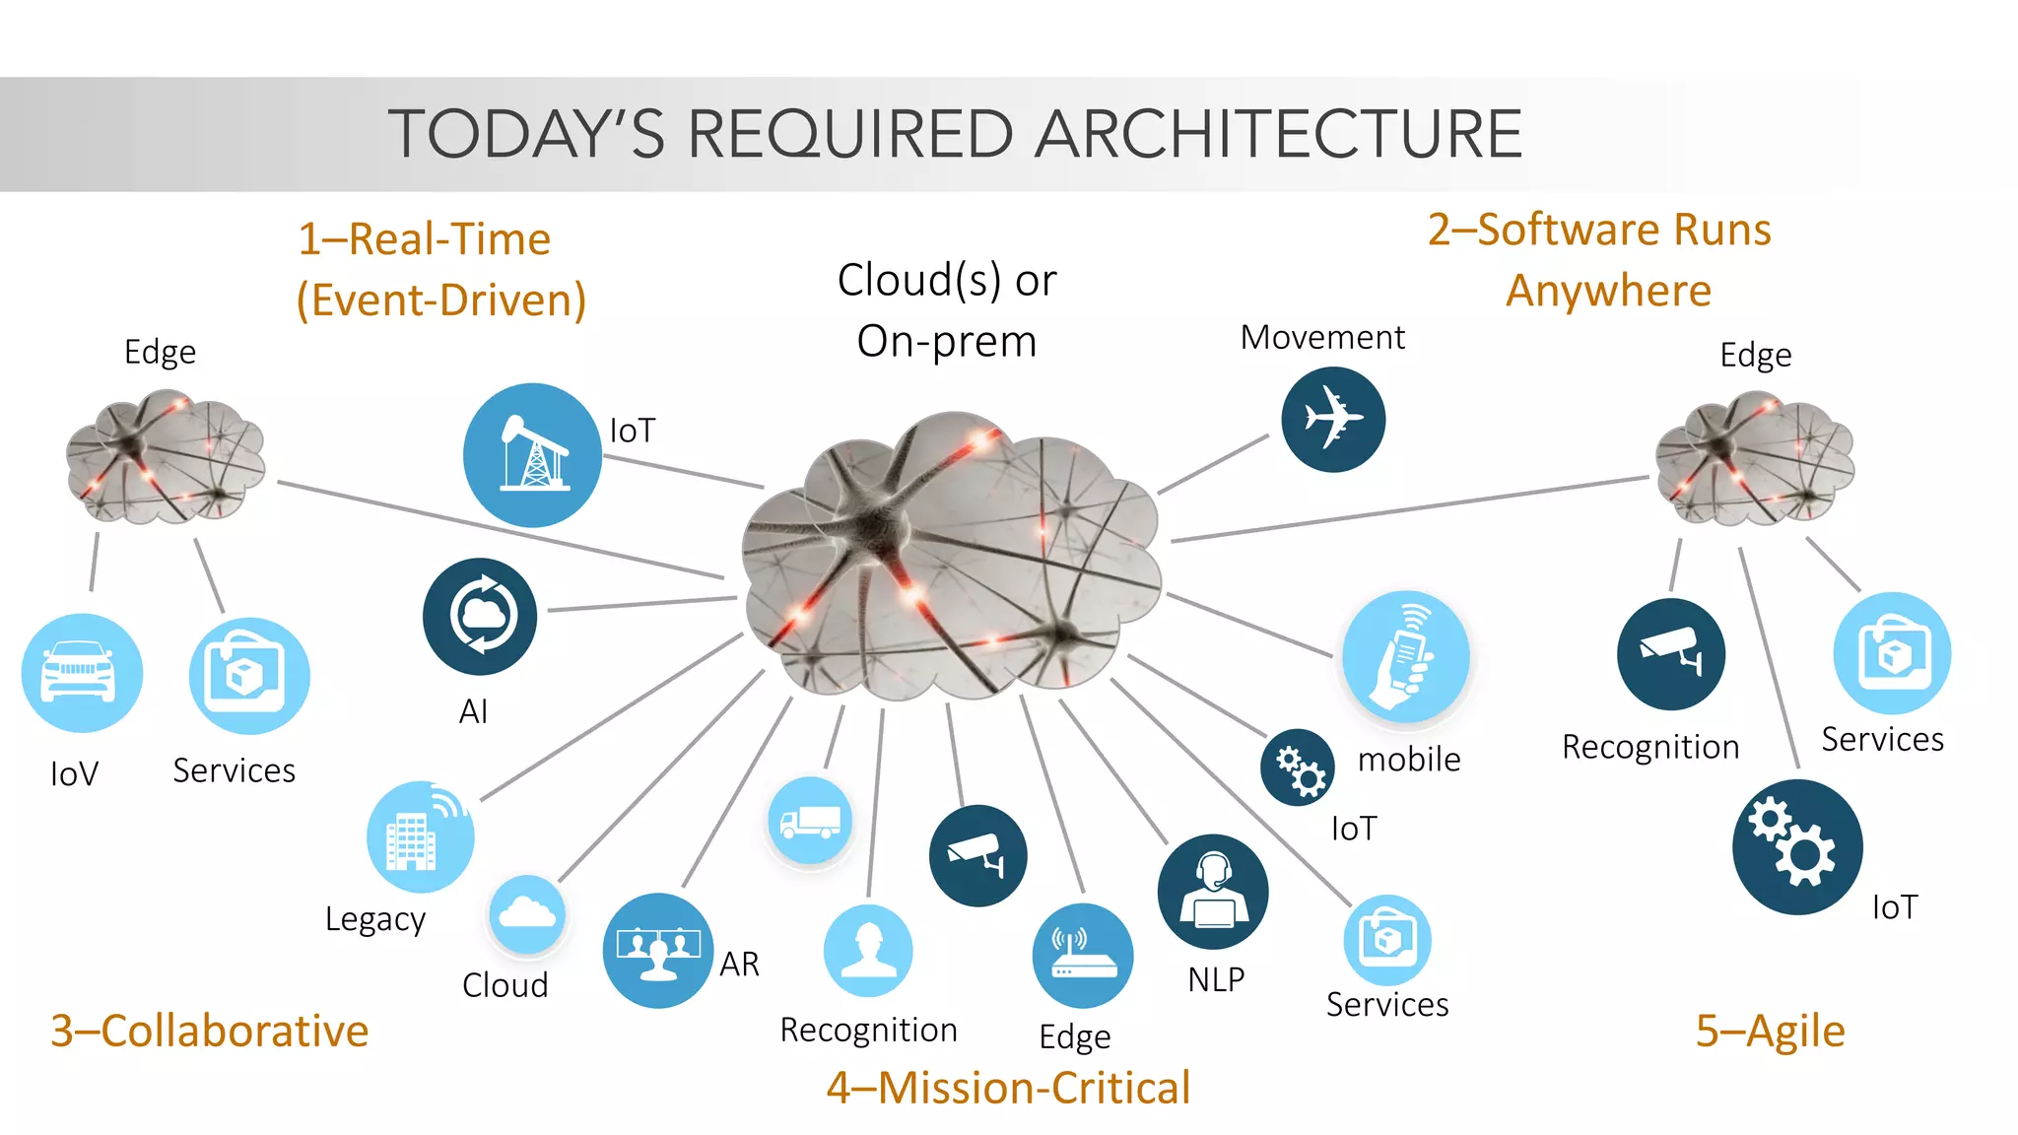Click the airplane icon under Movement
(1333, 420)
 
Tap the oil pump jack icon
(532, 454)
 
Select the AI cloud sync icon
(480, 616)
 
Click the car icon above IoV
(82, 673)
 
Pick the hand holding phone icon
(1405, 656)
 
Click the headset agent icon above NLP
(1213, 892)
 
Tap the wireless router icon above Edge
(1082, 956)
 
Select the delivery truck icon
(810, 821)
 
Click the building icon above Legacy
(420, 837)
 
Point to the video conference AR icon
(658, 951)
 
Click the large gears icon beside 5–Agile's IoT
(1797, 847)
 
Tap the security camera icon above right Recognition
(1671, 654)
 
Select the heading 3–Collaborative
(210, 1031)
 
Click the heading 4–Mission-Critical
(1008, 1088)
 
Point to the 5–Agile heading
(1770, 1031)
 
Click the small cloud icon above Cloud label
(527, 915)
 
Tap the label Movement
(1321, 337)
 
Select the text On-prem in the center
(946, 341)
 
